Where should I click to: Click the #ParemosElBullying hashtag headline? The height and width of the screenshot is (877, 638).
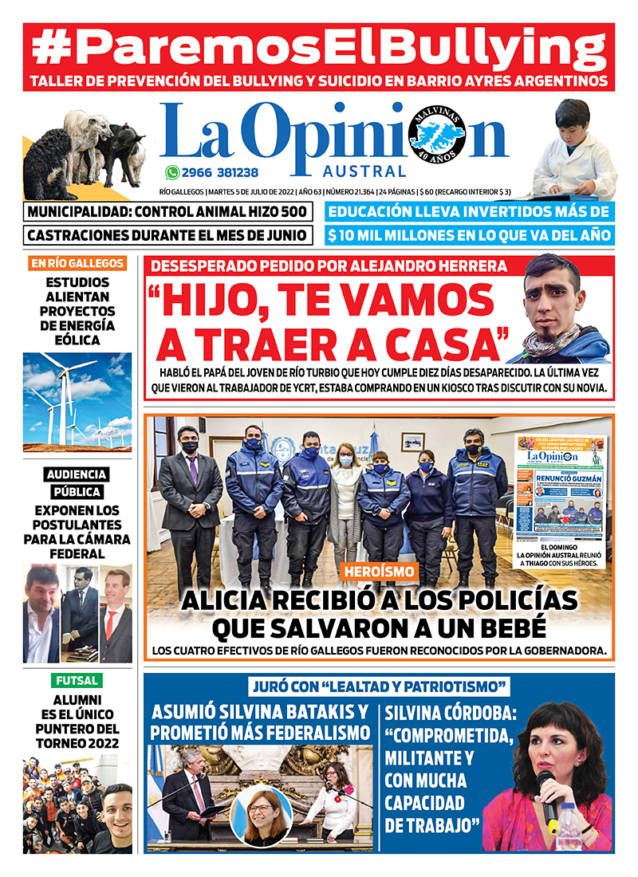click(319, 48)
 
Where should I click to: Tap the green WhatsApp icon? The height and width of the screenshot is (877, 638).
click(172, 171)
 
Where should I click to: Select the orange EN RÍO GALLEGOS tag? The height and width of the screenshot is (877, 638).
click(77, 263)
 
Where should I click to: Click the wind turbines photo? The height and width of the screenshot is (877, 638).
click(77, 401)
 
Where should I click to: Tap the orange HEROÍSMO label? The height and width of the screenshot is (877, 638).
click(380, 571)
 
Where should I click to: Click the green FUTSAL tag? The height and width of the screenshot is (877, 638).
click(77, 681)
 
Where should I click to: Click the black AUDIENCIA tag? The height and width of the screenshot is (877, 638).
click(77, 474)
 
